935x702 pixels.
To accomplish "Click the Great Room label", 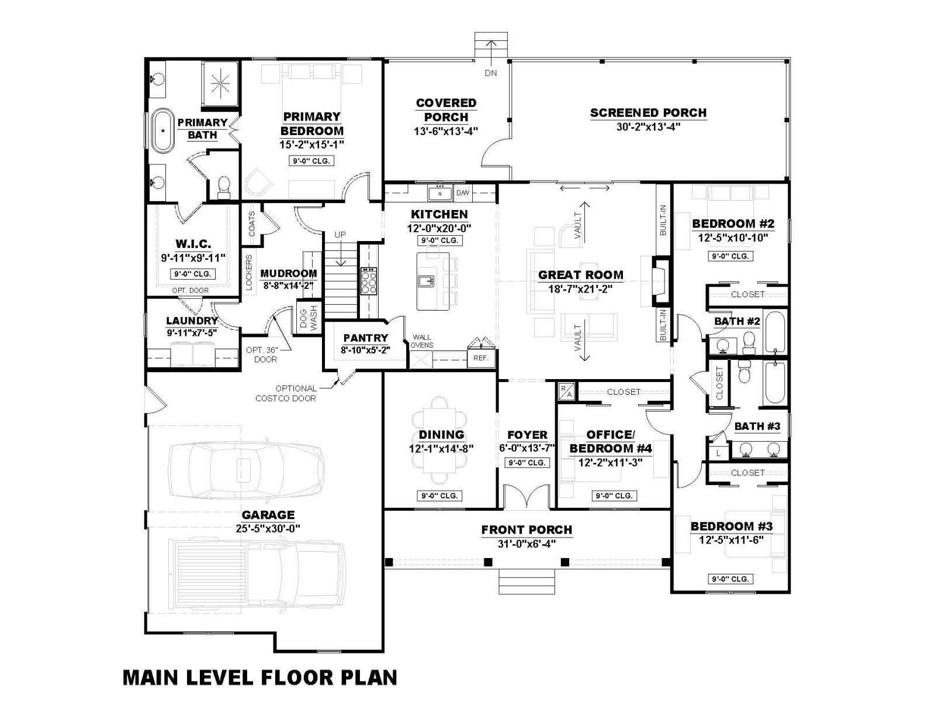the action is (x=580, y=275).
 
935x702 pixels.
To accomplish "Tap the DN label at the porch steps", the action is (x=491, y=73).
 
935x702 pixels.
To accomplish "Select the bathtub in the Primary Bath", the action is (x=163, y=130).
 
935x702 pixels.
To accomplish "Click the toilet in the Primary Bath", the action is (x=224, y=188).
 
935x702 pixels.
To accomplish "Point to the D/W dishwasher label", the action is (x=463, y=193).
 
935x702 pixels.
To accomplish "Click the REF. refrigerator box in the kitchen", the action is (x=481, y=358).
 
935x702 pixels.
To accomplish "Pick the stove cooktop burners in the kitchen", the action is (x=369, y=281).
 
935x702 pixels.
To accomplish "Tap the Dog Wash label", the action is (x=309, y=316).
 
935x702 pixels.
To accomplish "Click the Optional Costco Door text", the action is (x=286, y=393).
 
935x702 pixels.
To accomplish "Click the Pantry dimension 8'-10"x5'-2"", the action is (x=365, y=350).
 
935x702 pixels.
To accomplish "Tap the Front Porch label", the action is (x=527, y=530).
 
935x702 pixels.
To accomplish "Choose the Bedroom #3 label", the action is (x=732, y=526).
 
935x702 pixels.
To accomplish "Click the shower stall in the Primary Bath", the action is (x=220, y=84).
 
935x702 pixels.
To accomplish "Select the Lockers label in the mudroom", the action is (x=249, y=273).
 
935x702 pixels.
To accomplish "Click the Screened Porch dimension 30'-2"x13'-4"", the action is (x=648, y=127).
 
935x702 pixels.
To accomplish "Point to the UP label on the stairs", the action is (x=340, y=235).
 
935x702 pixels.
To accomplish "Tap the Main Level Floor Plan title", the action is (x=260, y=677).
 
